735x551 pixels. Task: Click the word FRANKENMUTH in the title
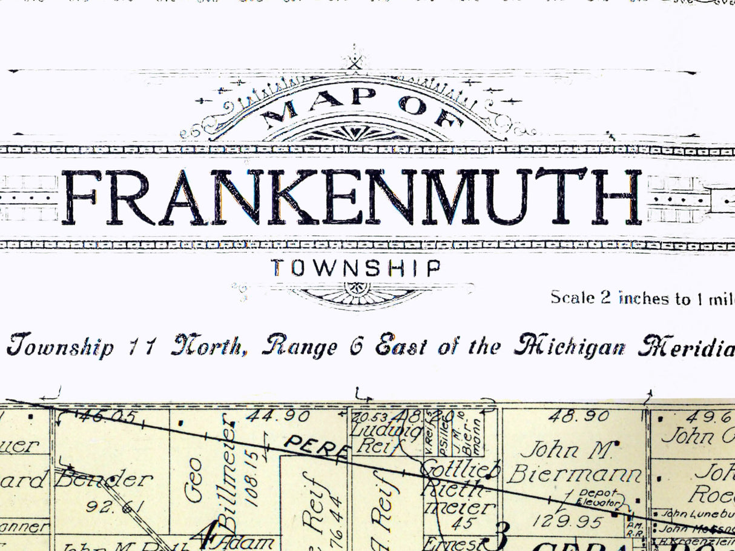coord(351,197)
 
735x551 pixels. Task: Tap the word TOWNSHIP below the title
coord(355,268)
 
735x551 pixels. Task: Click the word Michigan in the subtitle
coord(569,346)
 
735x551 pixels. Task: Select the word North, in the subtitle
coord(209,346)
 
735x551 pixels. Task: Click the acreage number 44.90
coord(279,416)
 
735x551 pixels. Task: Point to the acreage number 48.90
coord(578,416)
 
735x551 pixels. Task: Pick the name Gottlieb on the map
coord(461,469)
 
